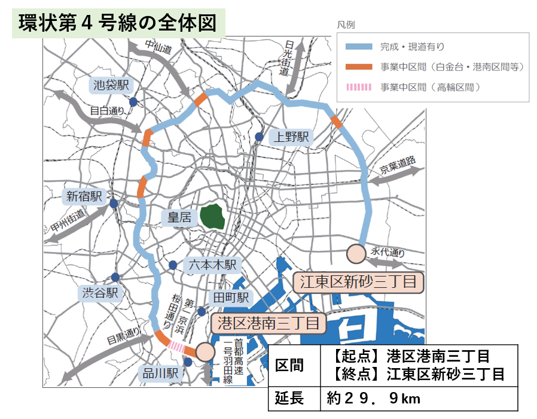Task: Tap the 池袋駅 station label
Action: point(111,85)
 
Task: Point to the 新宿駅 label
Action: point(84,196)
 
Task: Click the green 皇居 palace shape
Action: point(212,216)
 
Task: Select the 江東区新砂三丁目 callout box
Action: point(358,281)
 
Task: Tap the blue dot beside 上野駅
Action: point(258,136)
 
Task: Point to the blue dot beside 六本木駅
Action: point(173,265)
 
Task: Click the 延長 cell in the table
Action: point(291,398)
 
